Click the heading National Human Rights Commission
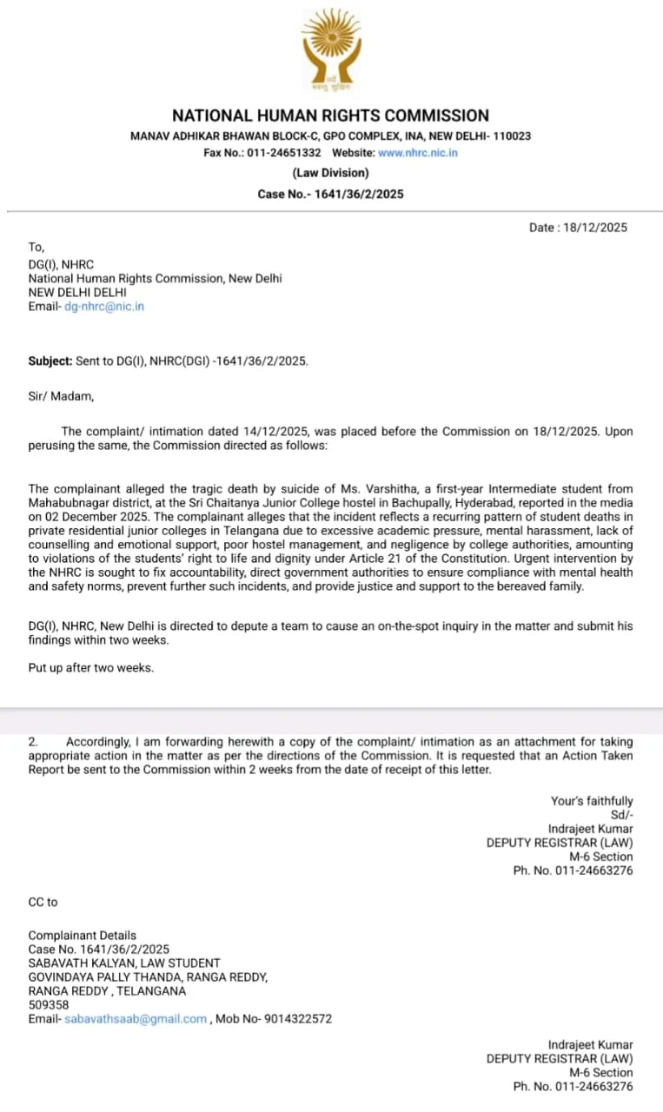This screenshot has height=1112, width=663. coord(330,116)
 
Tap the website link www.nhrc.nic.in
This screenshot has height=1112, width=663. coord(418,153)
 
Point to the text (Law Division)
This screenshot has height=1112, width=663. coord(330,173)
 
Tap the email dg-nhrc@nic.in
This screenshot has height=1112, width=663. coord(104,307)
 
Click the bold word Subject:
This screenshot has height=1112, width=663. coord(50,361)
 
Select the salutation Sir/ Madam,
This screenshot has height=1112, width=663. coord(61,397)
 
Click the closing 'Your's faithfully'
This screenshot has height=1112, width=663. coord(592,801)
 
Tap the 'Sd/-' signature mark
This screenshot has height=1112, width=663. coord(620,815)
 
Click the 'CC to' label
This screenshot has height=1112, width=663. coord(43,902)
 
